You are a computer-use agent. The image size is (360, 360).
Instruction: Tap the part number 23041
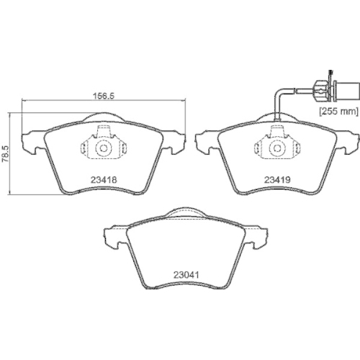click(x=187, y=274)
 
